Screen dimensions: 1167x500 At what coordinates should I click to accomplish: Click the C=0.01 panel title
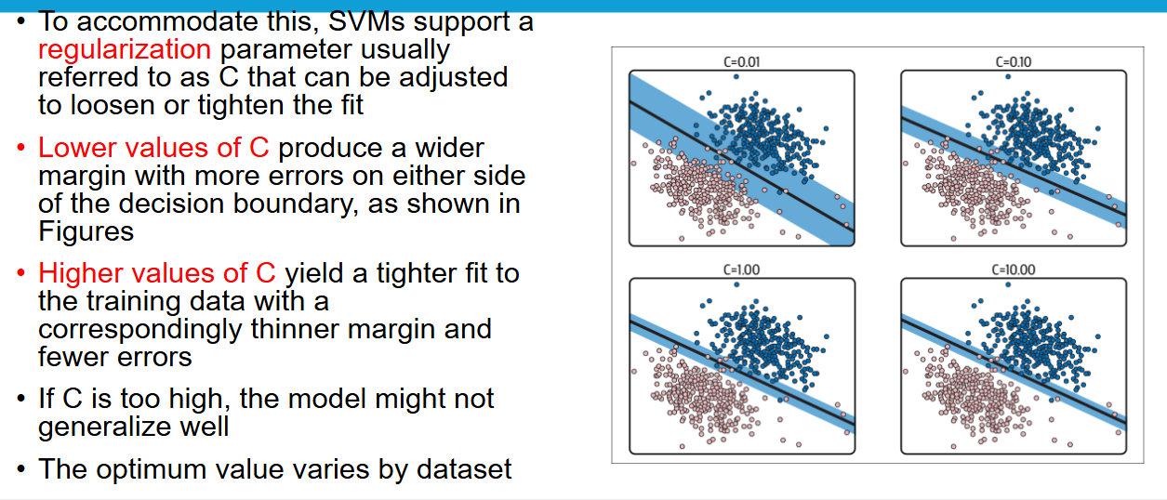[741, 62]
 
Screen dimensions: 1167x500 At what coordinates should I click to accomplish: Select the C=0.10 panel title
[1014, 62]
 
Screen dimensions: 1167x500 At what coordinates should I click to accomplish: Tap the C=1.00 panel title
[741, 270]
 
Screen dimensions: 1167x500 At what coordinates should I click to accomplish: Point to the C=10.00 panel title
[1014, 270]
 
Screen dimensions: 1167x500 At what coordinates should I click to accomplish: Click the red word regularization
[125, 50]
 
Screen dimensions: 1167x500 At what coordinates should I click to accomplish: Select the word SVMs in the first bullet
[366, 22]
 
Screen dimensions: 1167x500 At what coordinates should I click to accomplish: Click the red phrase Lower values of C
[153, 148]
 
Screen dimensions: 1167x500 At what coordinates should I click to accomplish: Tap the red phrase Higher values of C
[157, 273]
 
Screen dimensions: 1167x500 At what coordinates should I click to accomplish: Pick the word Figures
[86, 231]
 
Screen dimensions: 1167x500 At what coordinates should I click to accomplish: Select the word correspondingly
[140, 330]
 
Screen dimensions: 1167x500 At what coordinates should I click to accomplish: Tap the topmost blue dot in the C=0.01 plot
[736, 76]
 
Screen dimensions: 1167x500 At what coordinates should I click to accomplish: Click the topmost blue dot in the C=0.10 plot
[1008, 76]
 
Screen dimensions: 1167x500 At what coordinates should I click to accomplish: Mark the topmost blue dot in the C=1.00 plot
[736, 284]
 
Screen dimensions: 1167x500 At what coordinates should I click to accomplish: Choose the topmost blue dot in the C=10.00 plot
[1008, 284]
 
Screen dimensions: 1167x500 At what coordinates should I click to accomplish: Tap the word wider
[449, 148]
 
